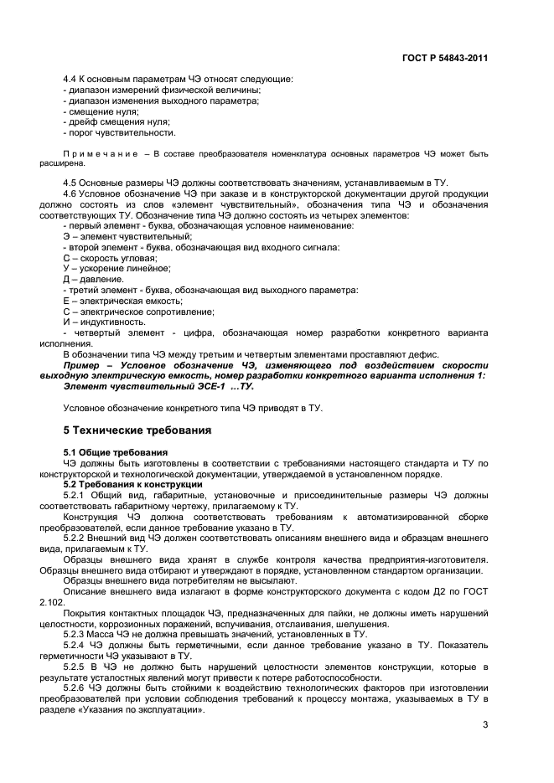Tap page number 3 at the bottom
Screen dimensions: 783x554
[x=485, y=724]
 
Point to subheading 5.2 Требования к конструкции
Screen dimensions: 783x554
[x=132, y=485]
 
